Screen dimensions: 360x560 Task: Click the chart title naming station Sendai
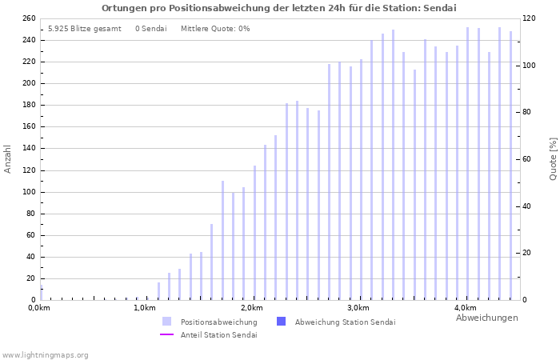coord(279,8)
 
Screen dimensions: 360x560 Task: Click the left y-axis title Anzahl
coord(8,158)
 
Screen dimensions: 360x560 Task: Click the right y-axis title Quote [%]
coord(553,158)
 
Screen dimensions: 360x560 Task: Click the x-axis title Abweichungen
coord(486,318)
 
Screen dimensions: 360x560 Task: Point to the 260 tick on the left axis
coord(28,18)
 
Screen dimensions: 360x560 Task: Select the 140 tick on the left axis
coord(28,149)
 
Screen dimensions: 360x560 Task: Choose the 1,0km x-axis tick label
coord(146,308)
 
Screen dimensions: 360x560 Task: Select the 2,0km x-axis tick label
coord(252,308)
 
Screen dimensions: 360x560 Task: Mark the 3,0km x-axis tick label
coord(358,308)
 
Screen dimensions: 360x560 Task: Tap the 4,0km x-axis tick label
coord(465,308)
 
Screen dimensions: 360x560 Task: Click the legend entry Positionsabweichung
coord(218,322)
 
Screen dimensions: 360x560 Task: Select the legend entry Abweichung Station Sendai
coord(345,322)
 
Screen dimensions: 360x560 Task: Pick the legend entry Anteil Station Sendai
coord(218,334)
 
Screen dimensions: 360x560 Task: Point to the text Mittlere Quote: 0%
coord(215,29)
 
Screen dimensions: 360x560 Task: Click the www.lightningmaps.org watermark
coord(45,354)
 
